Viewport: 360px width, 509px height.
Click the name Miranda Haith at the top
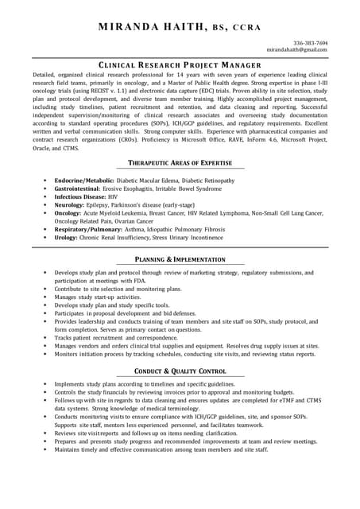click(152, 27)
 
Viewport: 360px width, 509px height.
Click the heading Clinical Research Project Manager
click(180, 64)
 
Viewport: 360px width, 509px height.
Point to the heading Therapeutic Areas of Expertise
click(180, 163)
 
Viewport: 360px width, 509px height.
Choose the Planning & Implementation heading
click(180, 260)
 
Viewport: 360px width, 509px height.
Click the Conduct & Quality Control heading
click(180, 371)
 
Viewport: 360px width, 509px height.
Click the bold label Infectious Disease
click(79, 196)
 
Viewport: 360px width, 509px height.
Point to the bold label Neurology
click(71, 205)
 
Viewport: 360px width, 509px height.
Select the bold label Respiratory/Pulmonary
click(87, 229)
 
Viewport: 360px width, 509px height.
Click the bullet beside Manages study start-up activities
click(45, 297)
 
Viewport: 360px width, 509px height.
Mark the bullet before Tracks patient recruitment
click(45, 338)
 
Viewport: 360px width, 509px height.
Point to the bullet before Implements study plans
click(45, 383)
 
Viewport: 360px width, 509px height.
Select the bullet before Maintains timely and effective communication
click(45, 449)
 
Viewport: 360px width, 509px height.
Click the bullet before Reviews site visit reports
click(45, 433)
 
